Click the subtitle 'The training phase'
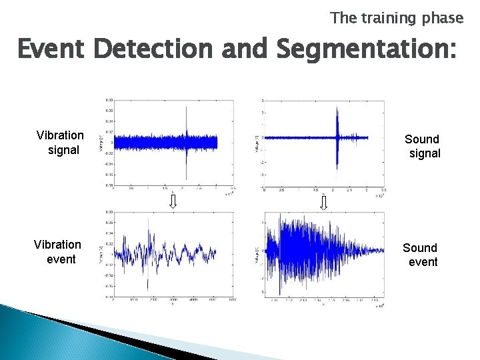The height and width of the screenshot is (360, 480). click(396, 18)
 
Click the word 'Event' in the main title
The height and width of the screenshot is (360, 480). click(52, 50)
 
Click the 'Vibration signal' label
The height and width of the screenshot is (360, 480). click(61, 143)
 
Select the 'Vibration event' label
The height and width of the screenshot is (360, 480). click(58, 252)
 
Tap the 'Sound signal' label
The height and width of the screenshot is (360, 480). click(423, 146)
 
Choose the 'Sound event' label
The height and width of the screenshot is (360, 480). click(420, 255)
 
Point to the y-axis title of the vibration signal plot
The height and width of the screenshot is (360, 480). click(101, 142)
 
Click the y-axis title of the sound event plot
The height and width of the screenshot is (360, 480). click(257, 253)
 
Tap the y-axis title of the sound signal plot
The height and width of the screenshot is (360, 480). click(257, 141)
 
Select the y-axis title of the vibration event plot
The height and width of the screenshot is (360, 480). click(101, 253)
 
